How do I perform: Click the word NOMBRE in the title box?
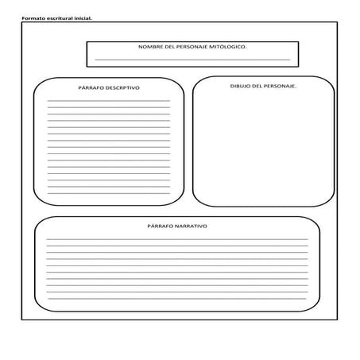151,47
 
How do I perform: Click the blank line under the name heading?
192,59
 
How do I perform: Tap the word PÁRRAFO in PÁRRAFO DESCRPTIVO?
92,87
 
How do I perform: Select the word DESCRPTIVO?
123,87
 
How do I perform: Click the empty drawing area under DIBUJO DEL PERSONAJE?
262,147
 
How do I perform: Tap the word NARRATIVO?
191,226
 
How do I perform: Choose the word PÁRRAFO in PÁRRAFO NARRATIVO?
161,226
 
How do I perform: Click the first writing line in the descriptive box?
108,100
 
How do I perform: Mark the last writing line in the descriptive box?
108,192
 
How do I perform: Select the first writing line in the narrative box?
176,239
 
